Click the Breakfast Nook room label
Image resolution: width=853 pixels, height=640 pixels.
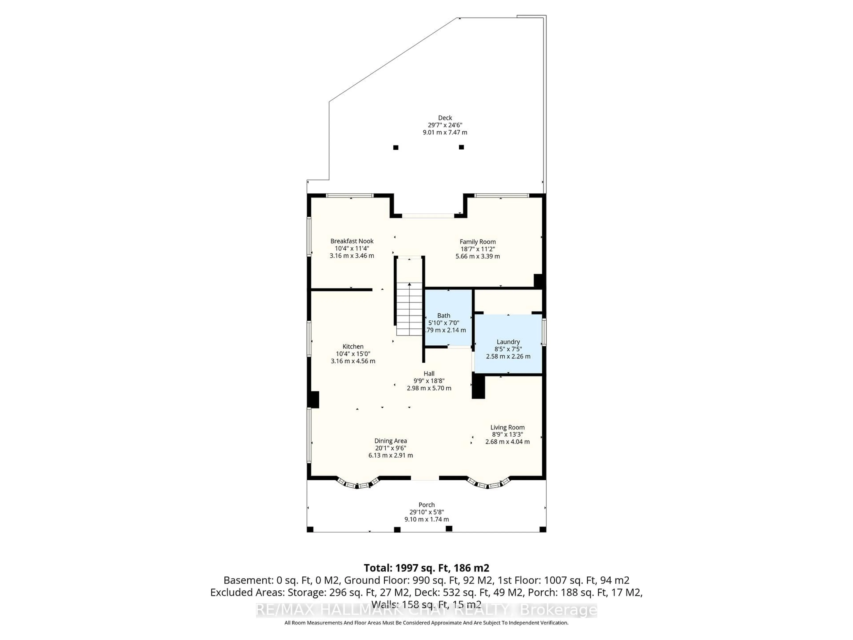[x=352, y=241]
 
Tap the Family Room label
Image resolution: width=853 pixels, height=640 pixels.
[x=477, y=242]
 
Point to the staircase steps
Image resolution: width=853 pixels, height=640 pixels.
[x=410, y=309]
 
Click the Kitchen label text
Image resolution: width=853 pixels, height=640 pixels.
[x=353, y=346]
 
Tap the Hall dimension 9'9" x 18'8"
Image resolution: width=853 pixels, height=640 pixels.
[x=429, y=381]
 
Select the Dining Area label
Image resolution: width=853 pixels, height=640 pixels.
[x=390, y=440]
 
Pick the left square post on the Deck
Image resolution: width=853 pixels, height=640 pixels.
[x=396, y=147]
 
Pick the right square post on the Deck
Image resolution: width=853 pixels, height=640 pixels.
[x=461, y=147]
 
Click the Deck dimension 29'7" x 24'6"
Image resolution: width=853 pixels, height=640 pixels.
[x=445, y=125]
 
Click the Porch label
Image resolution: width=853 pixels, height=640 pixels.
[x=426, y=505]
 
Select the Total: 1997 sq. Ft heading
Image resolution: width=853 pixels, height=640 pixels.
[x=426, y=568]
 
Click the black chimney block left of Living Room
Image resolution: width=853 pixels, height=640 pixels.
[x=478, y=387]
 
